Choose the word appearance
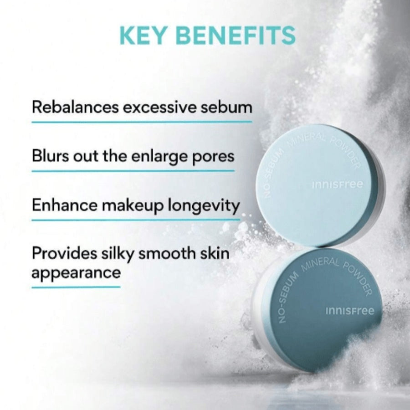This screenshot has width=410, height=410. coord(76,273)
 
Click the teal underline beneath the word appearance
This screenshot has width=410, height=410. coord(76,287)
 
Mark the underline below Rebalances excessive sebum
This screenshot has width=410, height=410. coord(141,122)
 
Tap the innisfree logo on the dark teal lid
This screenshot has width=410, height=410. coord(350,311)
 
